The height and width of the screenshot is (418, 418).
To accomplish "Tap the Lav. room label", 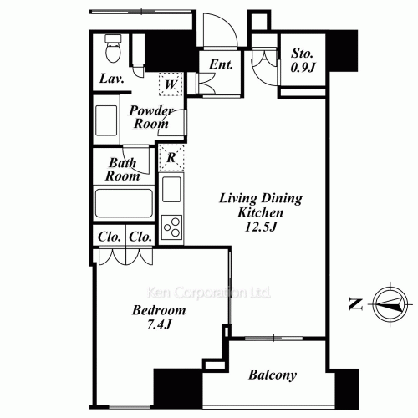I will click(x=111, y=79).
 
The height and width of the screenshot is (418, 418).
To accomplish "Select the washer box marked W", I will click(x=171, y=84).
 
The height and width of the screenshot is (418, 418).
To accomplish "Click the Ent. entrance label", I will click(x=221, y=64).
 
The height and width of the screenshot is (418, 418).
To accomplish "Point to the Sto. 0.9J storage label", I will click(x=302, y=62).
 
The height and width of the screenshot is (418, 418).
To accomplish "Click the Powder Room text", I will click(x=151, y=117).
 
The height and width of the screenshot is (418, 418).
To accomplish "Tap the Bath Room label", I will click(x=122, y=170).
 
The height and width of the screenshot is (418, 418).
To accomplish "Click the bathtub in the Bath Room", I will click(x=123, y=203).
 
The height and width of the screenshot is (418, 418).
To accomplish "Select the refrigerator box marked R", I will click(x=171, y=156).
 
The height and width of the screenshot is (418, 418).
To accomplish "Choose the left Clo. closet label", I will click(x=110, y=237).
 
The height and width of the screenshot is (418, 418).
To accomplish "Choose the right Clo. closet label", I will click(x=140, y=237).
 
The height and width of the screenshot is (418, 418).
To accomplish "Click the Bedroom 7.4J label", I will click(x=159, y=318).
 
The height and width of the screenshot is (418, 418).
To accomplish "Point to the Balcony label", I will click(x=273, y=375).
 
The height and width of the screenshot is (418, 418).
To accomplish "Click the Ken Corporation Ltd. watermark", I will click(x=209, y=293).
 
